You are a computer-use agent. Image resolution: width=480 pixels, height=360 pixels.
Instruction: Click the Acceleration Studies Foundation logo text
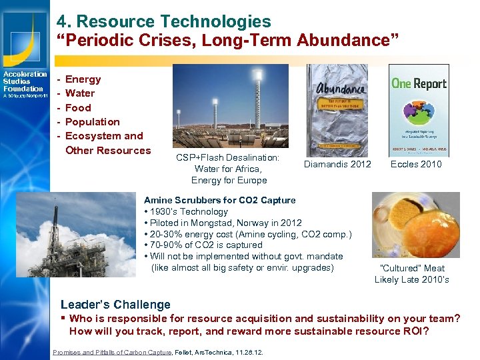[x=25, y=81]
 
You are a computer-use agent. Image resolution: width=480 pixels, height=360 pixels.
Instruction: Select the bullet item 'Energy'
[x=83, y=79]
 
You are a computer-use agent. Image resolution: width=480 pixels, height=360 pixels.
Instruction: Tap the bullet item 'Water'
[x=80, y=93]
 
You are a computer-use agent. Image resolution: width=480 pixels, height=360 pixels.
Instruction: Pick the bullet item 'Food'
[x=78, y=108]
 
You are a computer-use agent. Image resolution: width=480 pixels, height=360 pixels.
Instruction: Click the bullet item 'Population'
[x=92, y=122]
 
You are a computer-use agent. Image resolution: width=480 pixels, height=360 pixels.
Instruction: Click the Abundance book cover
[x=337, y=110]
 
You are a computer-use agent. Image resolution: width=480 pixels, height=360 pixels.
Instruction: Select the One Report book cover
[x=419, y=110]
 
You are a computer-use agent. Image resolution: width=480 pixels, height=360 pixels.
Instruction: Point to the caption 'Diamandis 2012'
[x=337, y=165]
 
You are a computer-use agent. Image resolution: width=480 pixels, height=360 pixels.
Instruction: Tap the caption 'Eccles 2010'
[x=416, y=165]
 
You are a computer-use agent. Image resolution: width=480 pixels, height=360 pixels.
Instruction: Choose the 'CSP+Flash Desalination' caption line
[x=227, y=158]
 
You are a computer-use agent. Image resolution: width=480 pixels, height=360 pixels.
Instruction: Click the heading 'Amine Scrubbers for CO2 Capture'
[x=219, y=201]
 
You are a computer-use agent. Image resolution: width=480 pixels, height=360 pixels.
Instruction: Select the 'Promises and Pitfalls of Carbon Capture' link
[x=112, y=352]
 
